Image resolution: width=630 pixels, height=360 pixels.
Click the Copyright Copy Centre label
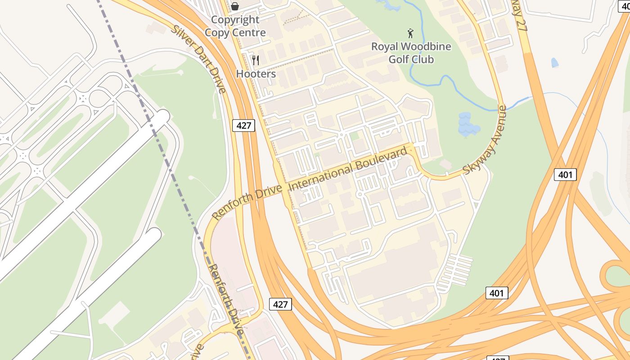(235, 26)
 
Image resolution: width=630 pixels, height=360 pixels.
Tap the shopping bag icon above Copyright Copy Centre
(235, 6)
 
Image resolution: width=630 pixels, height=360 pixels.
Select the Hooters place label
(256, 74)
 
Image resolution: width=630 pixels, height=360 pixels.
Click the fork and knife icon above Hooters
(256, 60)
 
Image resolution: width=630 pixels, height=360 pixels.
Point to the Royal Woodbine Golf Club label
(411, 53)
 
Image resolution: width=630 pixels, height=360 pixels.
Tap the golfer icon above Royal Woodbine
(410, 33)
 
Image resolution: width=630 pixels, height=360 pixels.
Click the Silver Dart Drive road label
(199, 59)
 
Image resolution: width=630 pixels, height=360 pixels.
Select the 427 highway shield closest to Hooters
(243, 125)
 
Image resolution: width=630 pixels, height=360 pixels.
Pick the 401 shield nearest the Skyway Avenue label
(565, 174)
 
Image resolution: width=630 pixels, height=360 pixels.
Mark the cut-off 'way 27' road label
(519, 16)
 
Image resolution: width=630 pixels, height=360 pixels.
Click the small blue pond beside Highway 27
(554, 63)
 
